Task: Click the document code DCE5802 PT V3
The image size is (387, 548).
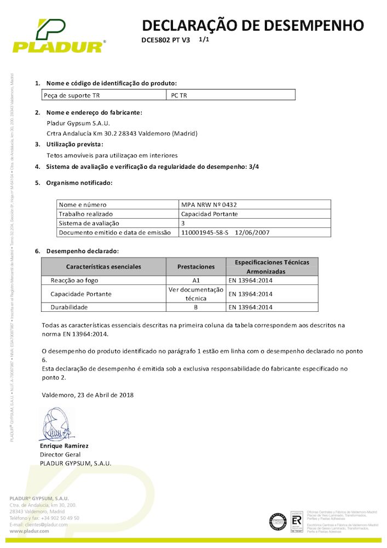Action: pyautogui.click(x=165, y=41)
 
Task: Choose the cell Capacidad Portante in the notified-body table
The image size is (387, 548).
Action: pyautogui.click(x=209, y=214)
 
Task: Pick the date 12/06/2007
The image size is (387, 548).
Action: pyautogui.click(x=252, y=232)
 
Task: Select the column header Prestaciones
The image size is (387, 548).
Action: pyautogui.click(x=196, y=266)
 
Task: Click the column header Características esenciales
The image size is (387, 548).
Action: pyautogui.click(x=104, y=266)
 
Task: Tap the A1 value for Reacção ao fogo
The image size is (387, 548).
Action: pyautogui.click(x=196, y=280)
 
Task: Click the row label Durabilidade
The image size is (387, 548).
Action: pyautogui.click(x=69, y=307)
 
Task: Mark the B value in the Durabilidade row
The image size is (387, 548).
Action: pyautogui.click(x=196, y=307)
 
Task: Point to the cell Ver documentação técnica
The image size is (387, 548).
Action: pyautogui.click(x=196, y=294)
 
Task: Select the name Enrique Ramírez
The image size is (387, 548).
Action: pyautogui.click(x=64, y=446)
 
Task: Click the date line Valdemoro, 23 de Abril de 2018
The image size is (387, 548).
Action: pyautogui.click(x=88, y=395)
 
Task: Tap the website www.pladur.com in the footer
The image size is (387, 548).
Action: pyautogui.click(x=31, y=532)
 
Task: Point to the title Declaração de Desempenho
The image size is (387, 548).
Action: pyautogui.click(x=253, y=25)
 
